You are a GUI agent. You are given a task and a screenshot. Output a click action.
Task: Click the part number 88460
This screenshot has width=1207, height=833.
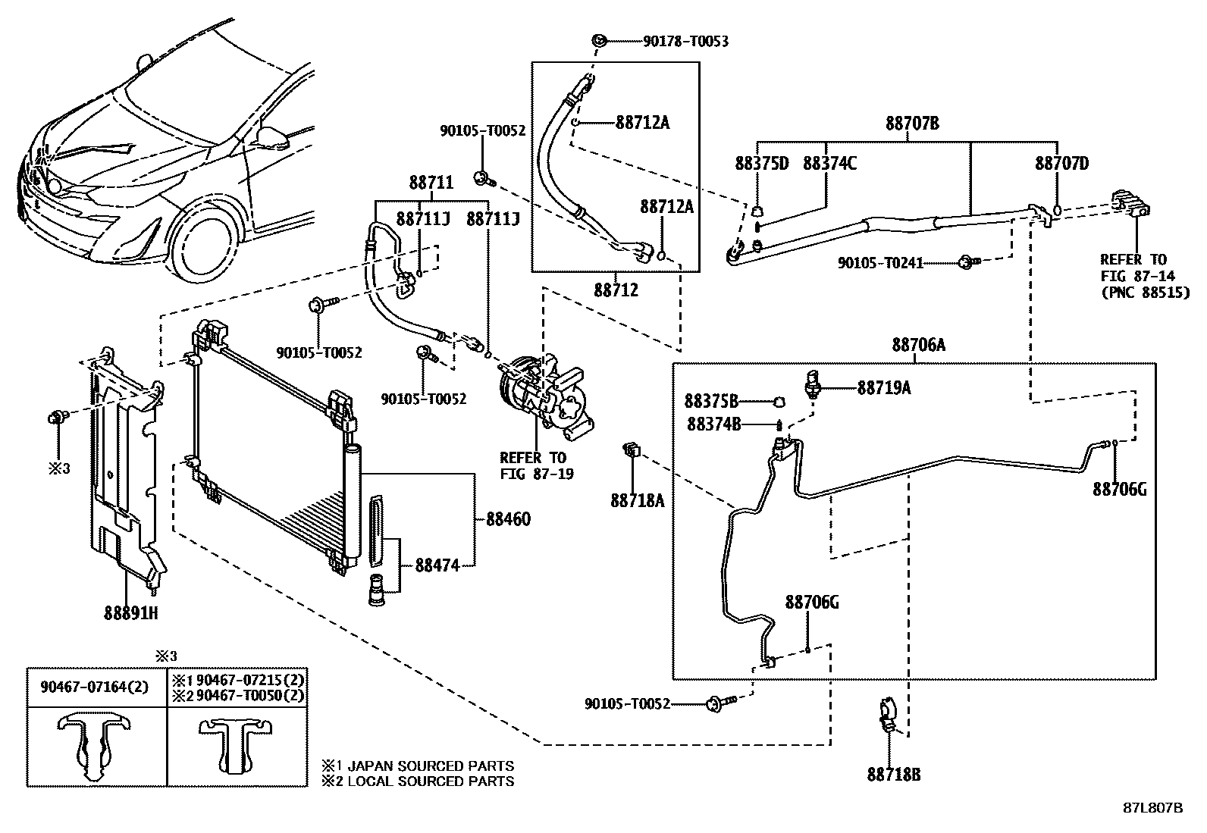click(508, 520)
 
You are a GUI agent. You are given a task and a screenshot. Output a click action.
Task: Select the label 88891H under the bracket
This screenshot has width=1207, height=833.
click(130, 612)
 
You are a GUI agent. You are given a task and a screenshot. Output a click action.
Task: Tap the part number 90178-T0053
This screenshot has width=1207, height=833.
click(685, 41)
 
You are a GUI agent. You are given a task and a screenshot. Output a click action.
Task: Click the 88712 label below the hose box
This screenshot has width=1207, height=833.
click(616, 290)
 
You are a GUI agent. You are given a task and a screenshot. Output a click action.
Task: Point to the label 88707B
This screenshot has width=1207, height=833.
click(912, 123)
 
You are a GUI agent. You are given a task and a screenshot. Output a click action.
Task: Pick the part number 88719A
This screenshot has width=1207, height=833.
click(884, 388)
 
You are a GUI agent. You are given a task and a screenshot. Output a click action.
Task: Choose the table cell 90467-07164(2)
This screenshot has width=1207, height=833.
click(95, 687)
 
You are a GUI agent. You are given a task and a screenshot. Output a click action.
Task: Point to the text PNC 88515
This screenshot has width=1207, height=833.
click(1146, 293)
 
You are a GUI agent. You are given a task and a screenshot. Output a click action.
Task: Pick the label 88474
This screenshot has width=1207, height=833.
click(437, 565)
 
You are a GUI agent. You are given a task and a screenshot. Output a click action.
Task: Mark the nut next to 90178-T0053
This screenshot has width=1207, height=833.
click(599, 41)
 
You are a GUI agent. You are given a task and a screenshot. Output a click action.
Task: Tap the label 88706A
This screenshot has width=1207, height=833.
click(918, 346)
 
